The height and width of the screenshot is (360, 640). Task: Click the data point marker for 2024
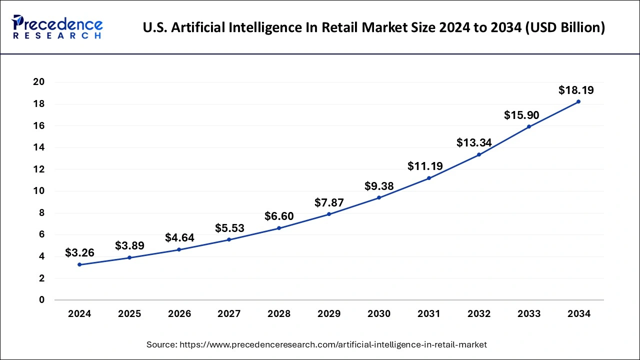click(x=79, y=264)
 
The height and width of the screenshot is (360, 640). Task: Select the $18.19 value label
click(x=576, y=90)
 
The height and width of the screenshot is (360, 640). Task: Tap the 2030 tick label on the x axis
click(x=379, y=314)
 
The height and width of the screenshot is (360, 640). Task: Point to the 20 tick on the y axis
click(x=38, y=82)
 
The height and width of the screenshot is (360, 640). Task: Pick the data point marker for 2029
click(x=329, y=214)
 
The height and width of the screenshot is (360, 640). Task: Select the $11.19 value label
click(x=425, y=166)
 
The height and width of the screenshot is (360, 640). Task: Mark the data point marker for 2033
click(x=529, y=126)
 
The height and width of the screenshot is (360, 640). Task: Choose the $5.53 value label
click(x=229, y=228)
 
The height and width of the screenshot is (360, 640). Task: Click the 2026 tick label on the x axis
click(x=179, y=314)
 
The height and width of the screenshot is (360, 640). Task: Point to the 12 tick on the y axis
click(x=38, y=169)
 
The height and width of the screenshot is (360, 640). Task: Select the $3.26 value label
click(x=79, y=253)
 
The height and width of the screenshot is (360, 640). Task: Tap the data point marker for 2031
click(x=429, y=178)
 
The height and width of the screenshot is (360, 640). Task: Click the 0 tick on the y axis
click(x=41, y=300)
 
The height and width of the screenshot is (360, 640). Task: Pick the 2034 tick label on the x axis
click(x=579, y=314)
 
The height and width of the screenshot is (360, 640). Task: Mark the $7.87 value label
click(x=329, y=202)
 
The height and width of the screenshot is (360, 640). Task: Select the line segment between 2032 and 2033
click(x=504, y=140)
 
